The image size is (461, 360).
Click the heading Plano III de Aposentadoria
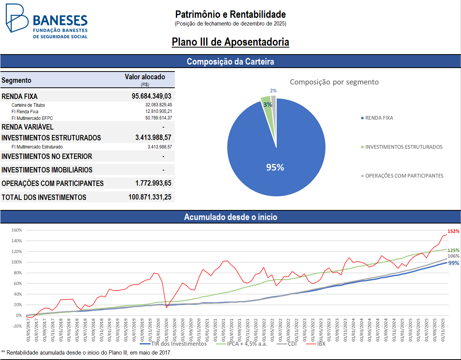230,42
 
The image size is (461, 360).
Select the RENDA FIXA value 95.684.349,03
152,96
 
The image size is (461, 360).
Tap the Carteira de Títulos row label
28,105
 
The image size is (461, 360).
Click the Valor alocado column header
145,77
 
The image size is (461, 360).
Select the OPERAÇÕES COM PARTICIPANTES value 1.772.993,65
154,183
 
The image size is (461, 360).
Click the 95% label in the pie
275,167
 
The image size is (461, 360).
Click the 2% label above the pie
273,90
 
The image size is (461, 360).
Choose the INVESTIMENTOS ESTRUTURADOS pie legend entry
403,147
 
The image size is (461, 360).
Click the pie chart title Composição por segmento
334,82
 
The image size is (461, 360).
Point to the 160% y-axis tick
17,230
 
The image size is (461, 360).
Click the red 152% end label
454,231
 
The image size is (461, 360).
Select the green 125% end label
454,250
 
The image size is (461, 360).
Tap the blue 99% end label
454,263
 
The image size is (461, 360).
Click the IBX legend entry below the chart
321,344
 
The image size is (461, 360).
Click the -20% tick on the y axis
17,326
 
